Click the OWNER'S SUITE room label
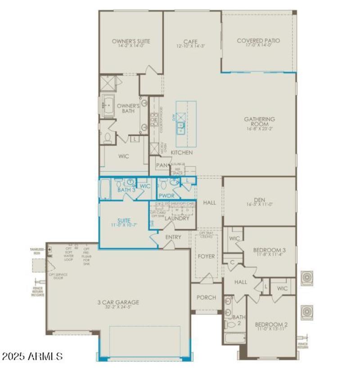pyautogui.click(x=131, y=41)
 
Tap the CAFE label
pyautogui.click(x=191, y=41)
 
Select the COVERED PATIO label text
pyautogui.click(x=258, y=41)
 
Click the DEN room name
pyautogui.click(x=260, y=200)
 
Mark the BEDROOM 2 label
pyautogui.click(x=271, y=324)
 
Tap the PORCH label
pyautogui.click(x=206, y=297)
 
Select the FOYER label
pyautogui.click(x=207, y=256)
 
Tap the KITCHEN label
pyautogui.click(x=181, y=153)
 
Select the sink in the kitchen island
pyautogui.click(x=182, y=128)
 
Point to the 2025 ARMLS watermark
pyautogui.click(x=32, y=357)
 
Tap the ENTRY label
pyautogui.click(x=173, y=237)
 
